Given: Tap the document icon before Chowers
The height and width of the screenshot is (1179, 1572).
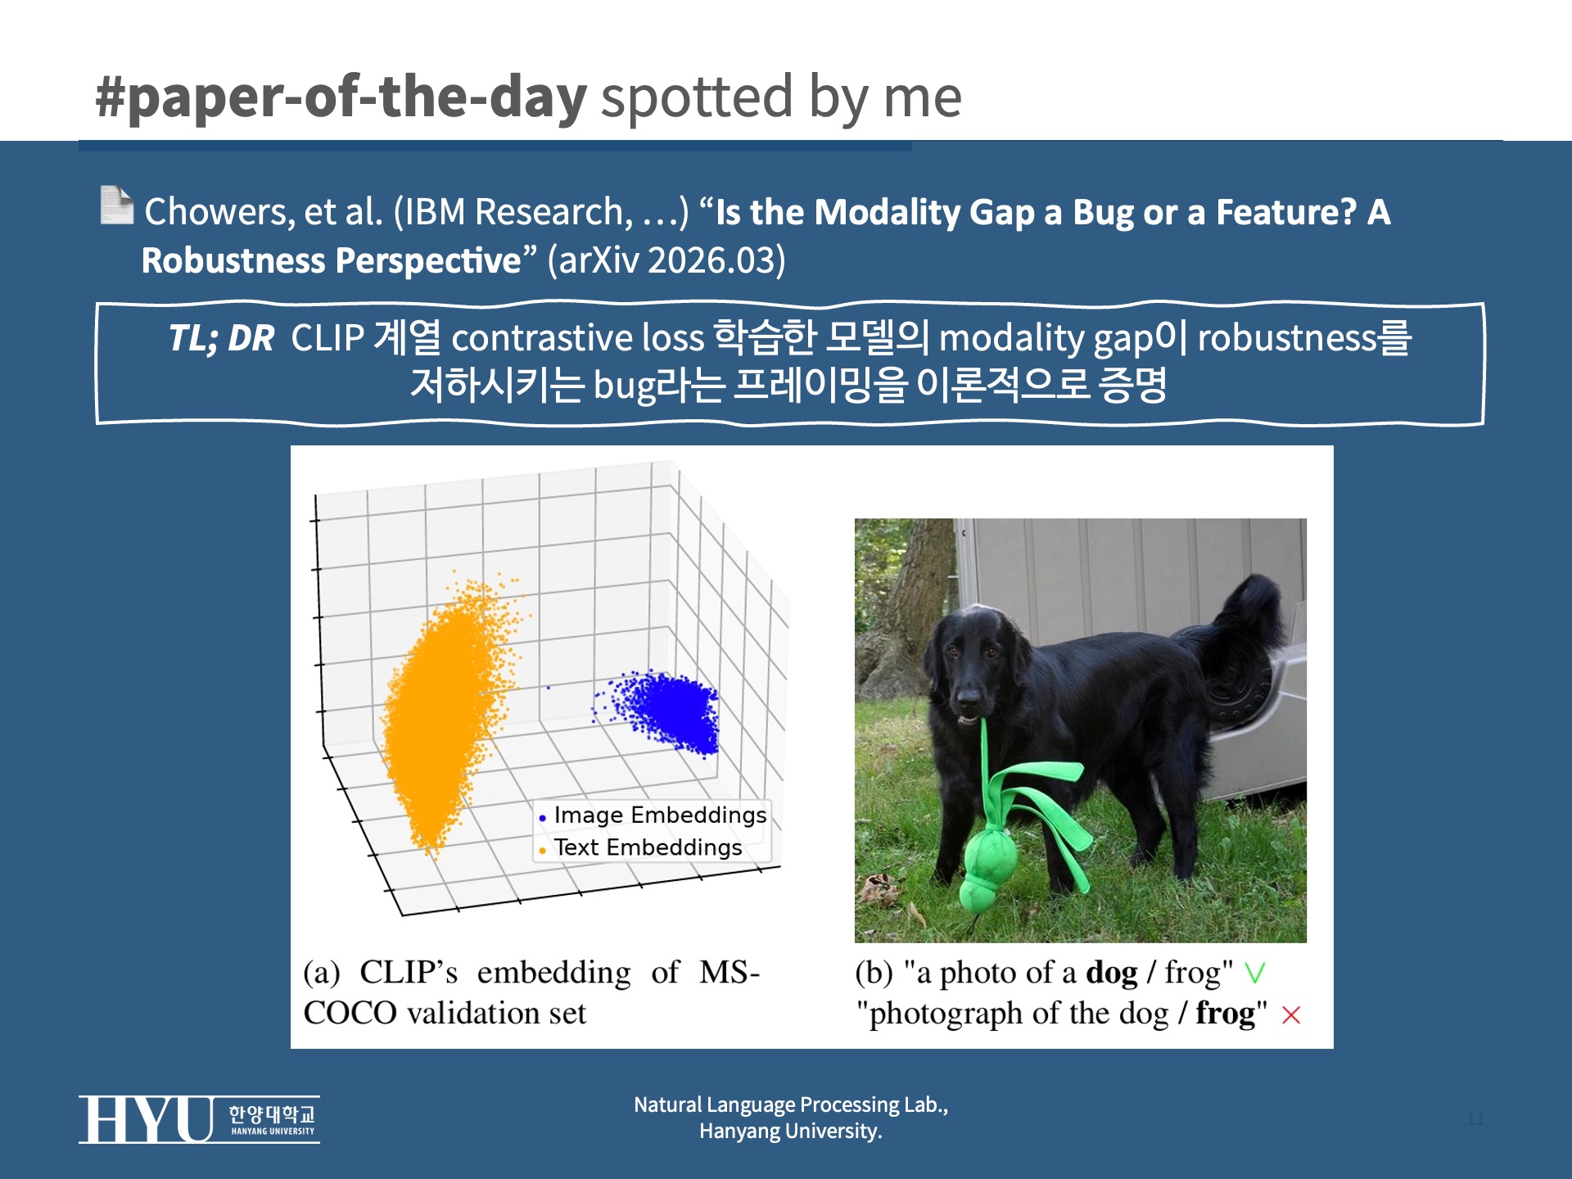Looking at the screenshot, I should click(x=116, y=206).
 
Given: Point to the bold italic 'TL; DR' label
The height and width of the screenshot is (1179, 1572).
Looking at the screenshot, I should click(x=221, y=338).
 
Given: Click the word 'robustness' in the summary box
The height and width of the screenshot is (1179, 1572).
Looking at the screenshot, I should click(x=1287, y=338).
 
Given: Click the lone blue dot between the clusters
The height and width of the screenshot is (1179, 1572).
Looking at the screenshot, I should click(x=549, y=688).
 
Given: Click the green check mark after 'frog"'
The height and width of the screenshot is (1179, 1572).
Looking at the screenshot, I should click(x=1254, y=973).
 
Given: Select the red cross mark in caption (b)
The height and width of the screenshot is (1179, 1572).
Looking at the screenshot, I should click(x=1291, y=1015).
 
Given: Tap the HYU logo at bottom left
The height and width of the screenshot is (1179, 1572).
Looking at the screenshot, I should click(x=199, y=1119).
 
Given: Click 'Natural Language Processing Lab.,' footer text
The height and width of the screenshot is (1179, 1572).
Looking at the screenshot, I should click(x=790, y=1105).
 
